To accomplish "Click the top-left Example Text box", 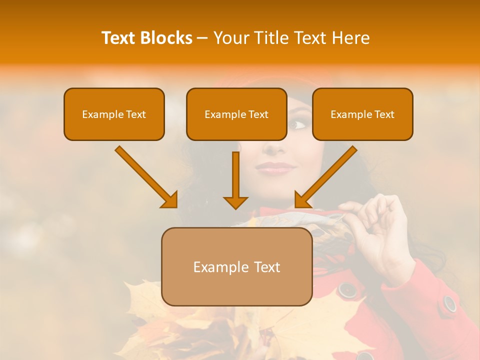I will pos(114,114).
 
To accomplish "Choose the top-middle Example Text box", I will pos(236,114).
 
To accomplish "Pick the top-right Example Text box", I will pos(362,114).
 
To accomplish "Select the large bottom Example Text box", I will pos(236,266).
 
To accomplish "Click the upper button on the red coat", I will pos(346,289).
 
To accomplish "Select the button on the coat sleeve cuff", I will pos(449,303).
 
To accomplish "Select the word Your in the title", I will pos(230,38).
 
